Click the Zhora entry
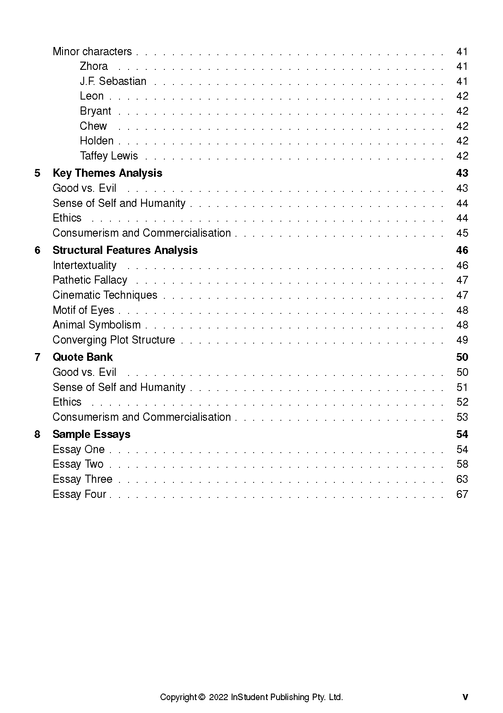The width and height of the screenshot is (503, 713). tap(94, 66)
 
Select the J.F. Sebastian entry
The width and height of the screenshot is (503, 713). tap(113, 81)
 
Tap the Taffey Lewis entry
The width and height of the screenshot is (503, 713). tap(109, 156)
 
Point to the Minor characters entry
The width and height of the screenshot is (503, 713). tap(92, 52)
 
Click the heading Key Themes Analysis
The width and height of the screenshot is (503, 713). tap(107, 173)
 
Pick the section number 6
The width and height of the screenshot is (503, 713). tap(38, 250)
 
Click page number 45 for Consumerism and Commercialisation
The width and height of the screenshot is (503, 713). tap(462, 233)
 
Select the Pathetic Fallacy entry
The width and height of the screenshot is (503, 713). tap(90, 280)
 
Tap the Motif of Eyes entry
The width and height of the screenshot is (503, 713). tap(83, 310)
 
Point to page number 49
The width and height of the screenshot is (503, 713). tap(462, 340)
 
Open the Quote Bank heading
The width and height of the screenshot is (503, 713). tap(82, 357)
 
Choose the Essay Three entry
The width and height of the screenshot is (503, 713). tap(82, 479)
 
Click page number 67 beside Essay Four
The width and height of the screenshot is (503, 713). tap(462, 494)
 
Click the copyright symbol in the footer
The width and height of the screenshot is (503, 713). tap(202, 697)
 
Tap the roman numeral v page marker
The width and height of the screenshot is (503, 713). tap(465, 697)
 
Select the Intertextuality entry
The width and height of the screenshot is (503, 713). tap(85, 266)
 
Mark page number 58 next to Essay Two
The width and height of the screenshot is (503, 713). tap(462, 464)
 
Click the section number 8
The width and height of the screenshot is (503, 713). tap(38, 435)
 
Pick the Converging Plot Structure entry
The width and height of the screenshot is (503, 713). tap(113, 340)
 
